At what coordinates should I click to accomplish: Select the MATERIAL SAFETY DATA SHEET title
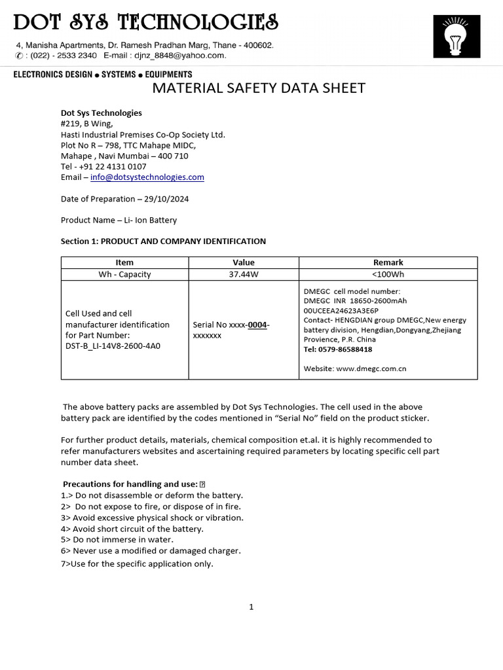pyautogui.click(x=259, y=88)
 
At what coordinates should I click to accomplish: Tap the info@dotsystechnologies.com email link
pyautogui.click(x=147, y=177)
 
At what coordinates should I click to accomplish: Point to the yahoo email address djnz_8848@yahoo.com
pyautogui.click(x=191, y=56)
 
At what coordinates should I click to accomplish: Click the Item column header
pyautogui.click(x=124, y=262)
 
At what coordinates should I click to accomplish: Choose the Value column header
pyautogui.click(x=244, y=262)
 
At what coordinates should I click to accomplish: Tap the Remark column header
pyautogui.click(x=388, y=262)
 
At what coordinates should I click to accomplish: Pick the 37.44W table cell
pyautogui.click(x=244, y=274)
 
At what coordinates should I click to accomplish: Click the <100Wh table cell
pyautogui.click(x=388, y=274)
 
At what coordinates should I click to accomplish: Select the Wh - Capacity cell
pyautogui.click(x=124, y=274)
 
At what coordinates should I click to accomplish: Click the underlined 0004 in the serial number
pyautogui.click(x=257, y=325)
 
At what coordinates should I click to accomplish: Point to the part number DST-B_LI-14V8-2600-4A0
pyautogui.click(x=113, y=346)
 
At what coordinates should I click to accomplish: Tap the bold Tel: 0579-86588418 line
pyautogui.click(x=338, y=349)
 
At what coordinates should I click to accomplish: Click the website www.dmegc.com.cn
pyautogui.click(x=371, y=368)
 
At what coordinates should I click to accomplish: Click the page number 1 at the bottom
pyautogui.click(x=251, y=607)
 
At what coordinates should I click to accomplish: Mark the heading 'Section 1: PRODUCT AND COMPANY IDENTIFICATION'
pyautogui.click(x=163, y=241)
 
